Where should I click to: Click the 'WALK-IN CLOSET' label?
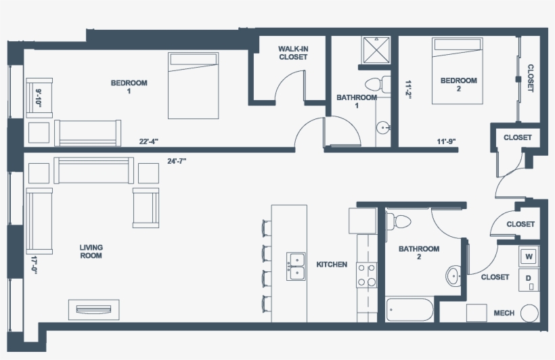(x=293, y=53)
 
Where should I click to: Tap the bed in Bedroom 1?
(x=194, y=85)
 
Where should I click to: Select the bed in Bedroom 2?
(x=458, y=71)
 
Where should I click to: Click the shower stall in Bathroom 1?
(x=376, y=50)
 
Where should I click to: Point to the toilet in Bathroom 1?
(x=378, y=84)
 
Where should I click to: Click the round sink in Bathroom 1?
(x=383, y=127)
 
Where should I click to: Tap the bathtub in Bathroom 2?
(x=409, y=310)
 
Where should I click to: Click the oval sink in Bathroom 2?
(x=453, y=275)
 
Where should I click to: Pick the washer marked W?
(x=529, y=256)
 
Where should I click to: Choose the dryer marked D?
(x=529, y=279)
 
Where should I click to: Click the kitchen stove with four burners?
(x=367, y=275)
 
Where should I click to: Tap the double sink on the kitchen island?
(x=296, y=266)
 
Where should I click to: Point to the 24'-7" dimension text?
(x=177, y=162)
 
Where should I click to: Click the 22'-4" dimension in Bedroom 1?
(x=149, y=141)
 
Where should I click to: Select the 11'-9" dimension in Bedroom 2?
(x=446, y=141)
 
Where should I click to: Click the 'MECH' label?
(x=504, y=313)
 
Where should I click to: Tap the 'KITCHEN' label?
(x=332, y=265)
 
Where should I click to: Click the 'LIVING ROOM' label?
(x=91, y=251)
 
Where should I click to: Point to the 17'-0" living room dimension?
(x=34, y=265)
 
